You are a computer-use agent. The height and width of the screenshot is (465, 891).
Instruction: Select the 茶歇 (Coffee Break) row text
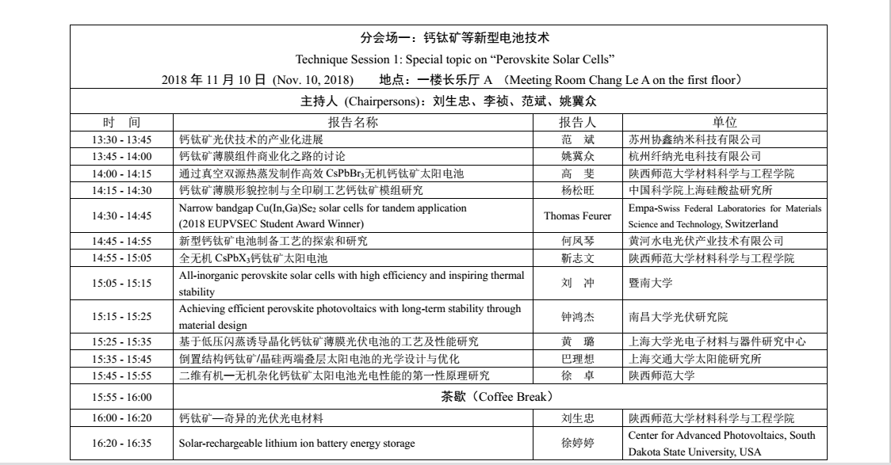pyautogui.click(x=496, y=396)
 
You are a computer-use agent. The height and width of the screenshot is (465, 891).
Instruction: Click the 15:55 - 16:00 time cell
pyautogui.click(x=121, y=397)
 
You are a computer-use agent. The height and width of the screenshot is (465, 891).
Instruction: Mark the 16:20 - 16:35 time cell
pyautogui.click(x=121, y=444)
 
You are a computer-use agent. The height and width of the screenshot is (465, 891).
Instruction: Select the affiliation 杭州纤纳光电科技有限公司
pyautogui.click(x=694, y=156)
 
